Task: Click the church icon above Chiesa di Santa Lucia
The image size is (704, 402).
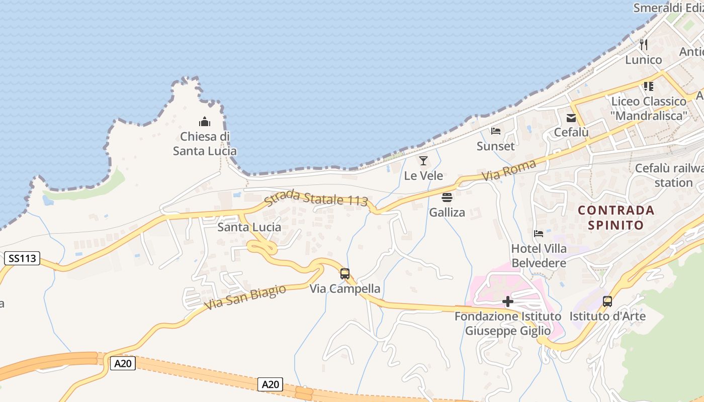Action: point(205,122)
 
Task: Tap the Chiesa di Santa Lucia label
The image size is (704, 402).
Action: point(205,143)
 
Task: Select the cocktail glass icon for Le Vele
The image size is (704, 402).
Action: point(423,161)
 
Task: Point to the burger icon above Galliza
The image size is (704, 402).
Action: point(447,197)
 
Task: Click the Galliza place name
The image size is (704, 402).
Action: point(447,212)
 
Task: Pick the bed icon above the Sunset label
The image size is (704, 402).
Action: point(496,132)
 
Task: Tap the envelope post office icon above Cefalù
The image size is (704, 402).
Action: point(571,118)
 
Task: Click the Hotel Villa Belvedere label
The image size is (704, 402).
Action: point(539,255)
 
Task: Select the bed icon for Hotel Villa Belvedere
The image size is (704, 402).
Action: point(539,234)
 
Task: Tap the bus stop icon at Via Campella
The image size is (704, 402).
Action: point(345,274)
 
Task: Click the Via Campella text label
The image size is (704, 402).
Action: point(345,289)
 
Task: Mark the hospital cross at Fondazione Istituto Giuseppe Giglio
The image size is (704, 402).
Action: point(508,301)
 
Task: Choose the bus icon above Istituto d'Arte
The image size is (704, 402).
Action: point(607,301)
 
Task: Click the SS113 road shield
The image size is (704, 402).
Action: point(23,259)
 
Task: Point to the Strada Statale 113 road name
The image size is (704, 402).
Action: point(316,197)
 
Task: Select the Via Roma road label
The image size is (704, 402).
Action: point(508,170)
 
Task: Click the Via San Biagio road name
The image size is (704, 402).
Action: point(245,297)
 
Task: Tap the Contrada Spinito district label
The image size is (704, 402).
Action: point(616,217)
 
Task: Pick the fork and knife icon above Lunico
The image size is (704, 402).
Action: point(644,45)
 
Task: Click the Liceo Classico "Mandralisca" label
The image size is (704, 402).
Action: point(649,108)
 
